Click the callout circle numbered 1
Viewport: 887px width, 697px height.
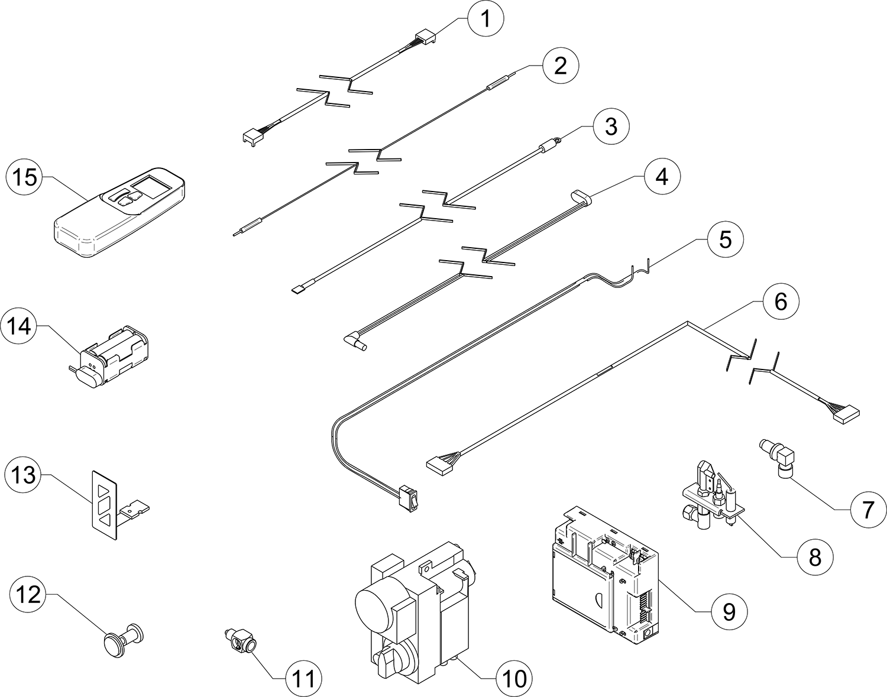485,18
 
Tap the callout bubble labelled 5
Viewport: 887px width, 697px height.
726,239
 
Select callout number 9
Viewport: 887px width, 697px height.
729,612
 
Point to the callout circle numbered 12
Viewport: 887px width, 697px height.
28,595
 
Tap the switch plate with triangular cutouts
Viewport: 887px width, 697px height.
105,505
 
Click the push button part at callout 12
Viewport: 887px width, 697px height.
124,640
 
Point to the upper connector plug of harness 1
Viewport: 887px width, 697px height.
425,38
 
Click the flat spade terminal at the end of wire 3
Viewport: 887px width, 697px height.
299,290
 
